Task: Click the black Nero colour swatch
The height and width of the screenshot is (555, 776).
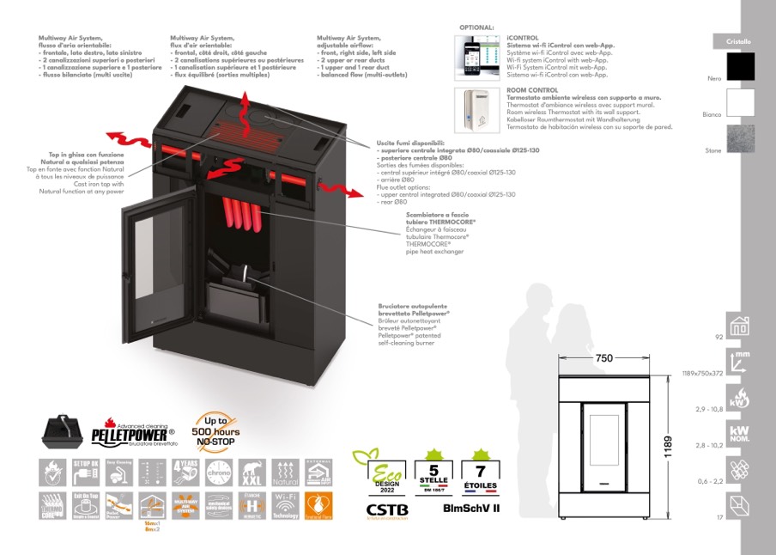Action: click(740, 67)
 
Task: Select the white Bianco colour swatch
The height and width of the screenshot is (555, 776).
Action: click(740, 103)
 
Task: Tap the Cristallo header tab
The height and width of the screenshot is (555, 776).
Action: click(738, 41)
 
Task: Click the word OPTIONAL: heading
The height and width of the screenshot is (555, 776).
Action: click(477, 28)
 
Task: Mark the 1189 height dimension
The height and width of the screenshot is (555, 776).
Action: click(678, 446)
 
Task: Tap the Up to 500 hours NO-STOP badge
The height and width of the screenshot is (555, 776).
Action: click(215, 431)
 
